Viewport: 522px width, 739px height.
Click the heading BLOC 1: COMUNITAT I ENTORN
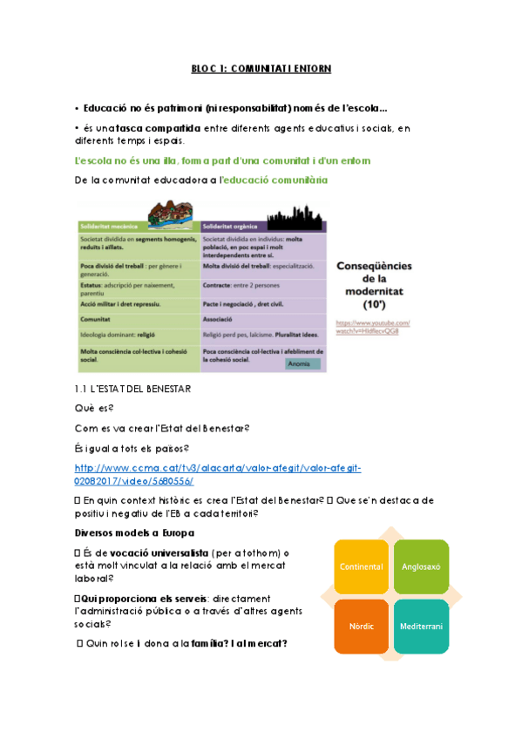261,68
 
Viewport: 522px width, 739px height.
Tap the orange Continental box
361,567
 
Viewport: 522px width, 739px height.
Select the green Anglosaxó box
420,567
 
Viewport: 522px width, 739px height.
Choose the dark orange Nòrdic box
361,626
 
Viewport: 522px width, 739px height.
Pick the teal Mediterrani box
420,626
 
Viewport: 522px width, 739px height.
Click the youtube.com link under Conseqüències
372,328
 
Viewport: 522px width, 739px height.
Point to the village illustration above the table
171,214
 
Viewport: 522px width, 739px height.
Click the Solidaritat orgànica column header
232,226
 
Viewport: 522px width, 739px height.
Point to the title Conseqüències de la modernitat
374,281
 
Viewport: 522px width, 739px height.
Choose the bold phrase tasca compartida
151,129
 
